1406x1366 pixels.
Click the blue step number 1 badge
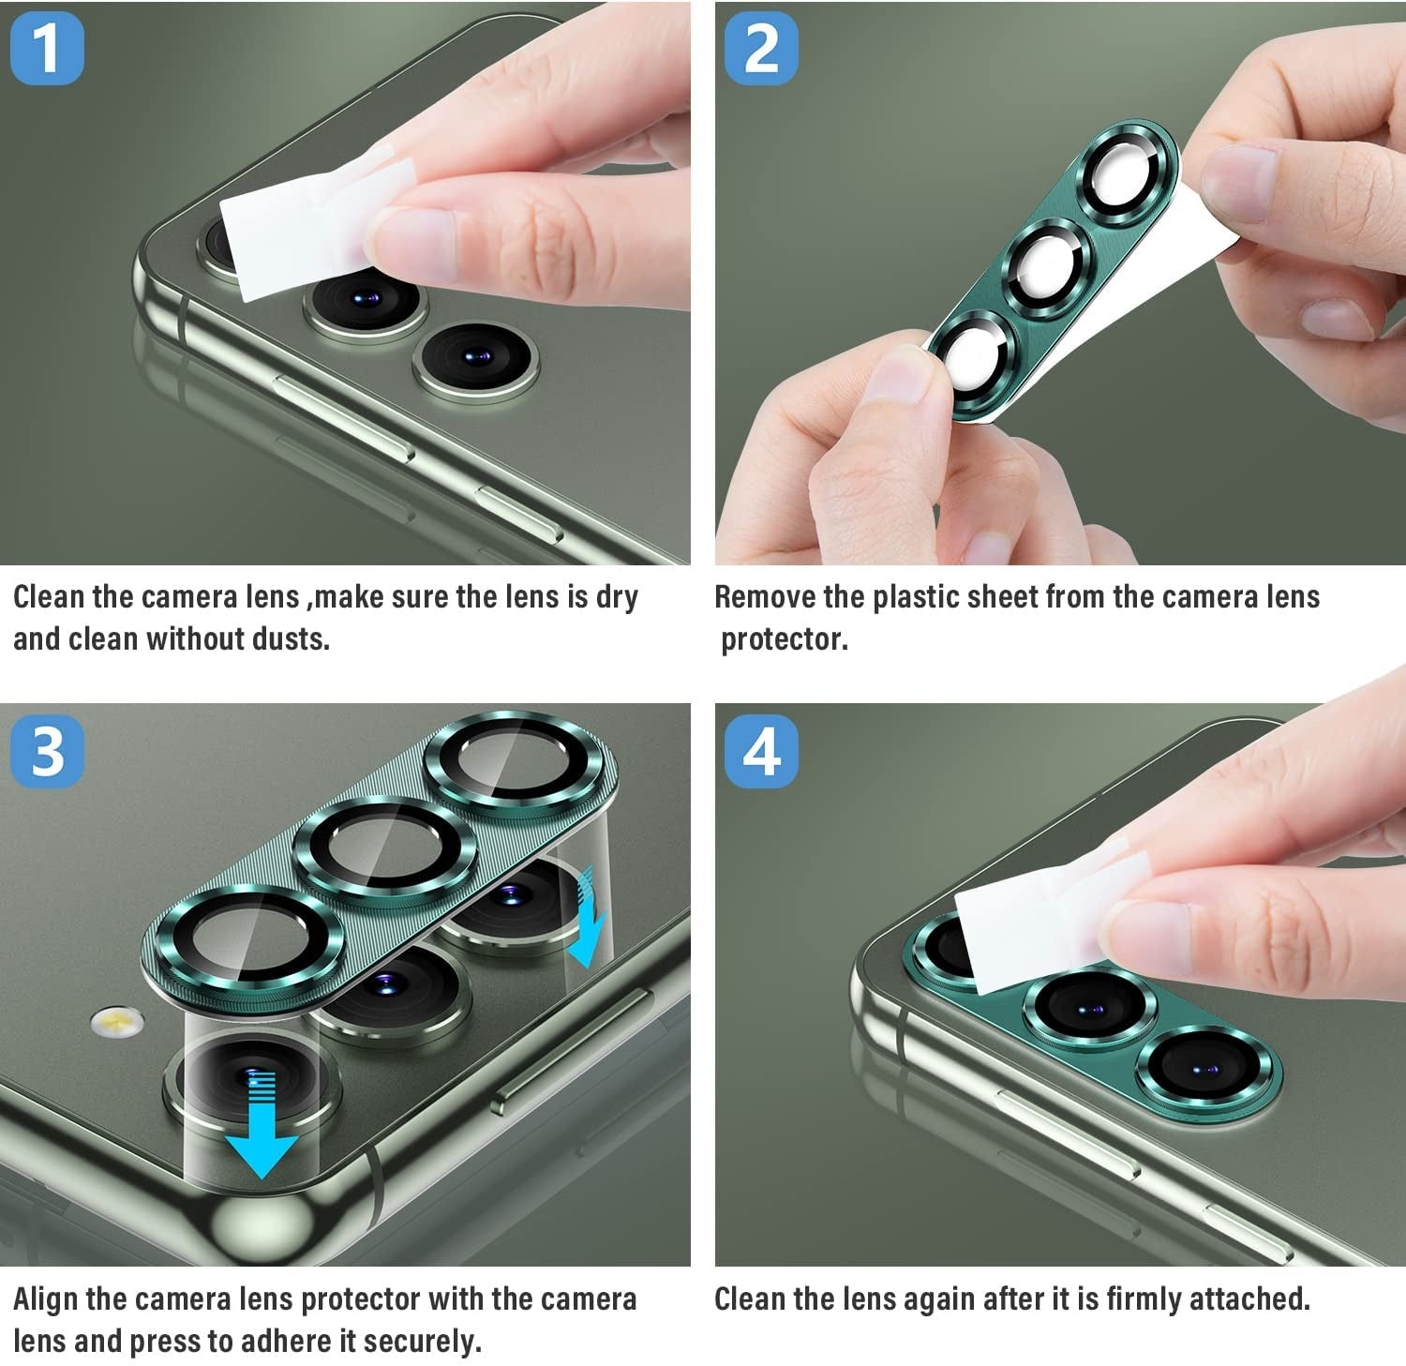(x=47, y=48)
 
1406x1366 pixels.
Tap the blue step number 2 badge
(x=761, y=48)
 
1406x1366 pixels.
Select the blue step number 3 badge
(x=47, y=751)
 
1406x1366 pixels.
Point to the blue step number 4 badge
(x=761, y=751)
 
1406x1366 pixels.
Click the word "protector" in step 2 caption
(x=784, y=640)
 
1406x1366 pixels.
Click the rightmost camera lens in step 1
(x=476, y=360)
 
